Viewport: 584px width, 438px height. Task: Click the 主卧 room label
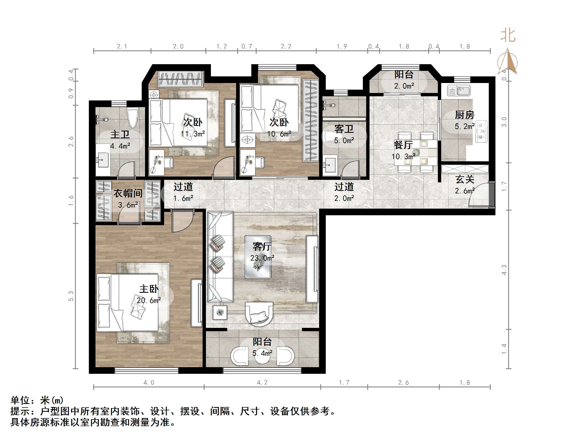(149, 289)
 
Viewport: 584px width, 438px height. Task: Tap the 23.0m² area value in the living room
(262, 258)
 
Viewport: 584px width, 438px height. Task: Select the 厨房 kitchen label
(464, 115)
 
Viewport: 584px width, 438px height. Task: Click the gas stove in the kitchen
(482, 131)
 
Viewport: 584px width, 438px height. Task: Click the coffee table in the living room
(258, 257)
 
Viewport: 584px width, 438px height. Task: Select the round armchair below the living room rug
(259, 314)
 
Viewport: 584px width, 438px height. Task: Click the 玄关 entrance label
(465, 180)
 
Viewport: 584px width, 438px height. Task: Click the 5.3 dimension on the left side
(71, 296)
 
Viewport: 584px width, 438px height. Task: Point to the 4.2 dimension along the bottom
(262, 383)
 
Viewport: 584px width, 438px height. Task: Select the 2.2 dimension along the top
(286, 46)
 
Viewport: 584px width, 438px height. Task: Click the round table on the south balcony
(262, 357)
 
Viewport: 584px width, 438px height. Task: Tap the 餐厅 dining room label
(403, 145)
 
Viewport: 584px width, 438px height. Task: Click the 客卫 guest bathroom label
(344, 129)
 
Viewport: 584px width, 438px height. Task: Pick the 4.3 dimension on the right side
(504, 270)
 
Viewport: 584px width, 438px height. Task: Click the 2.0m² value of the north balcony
(404, 86)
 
